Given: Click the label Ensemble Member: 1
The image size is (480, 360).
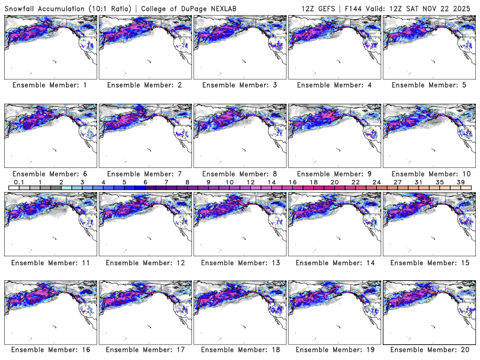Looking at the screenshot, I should tap(49, 85).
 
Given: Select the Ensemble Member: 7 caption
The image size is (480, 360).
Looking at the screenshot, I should tap(144, 174).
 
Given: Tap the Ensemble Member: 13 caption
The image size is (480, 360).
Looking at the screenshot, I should tap(239, 263).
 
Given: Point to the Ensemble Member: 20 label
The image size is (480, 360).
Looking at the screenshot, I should tap(428, 349).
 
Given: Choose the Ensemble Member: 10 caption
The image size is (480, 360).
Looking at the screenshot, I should tap(428, 174).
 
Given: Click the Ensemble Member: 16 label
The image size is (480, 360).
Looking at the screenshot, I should tap(49, 349).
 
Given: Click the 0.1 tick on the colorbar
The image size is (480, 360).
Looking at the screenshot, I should tap(19, 182).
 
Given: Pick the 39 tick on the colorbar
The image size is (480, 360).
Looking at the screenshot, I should tap(460, 182).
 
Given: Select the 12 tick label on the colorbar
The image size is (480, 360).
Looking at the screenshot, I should tap(250, 182).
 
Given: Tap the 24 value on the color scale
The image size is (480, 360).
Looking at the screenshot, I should tap(376, 182).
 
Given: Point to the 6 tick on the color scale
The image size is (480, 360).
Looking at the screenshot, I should tap(145, 182).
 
